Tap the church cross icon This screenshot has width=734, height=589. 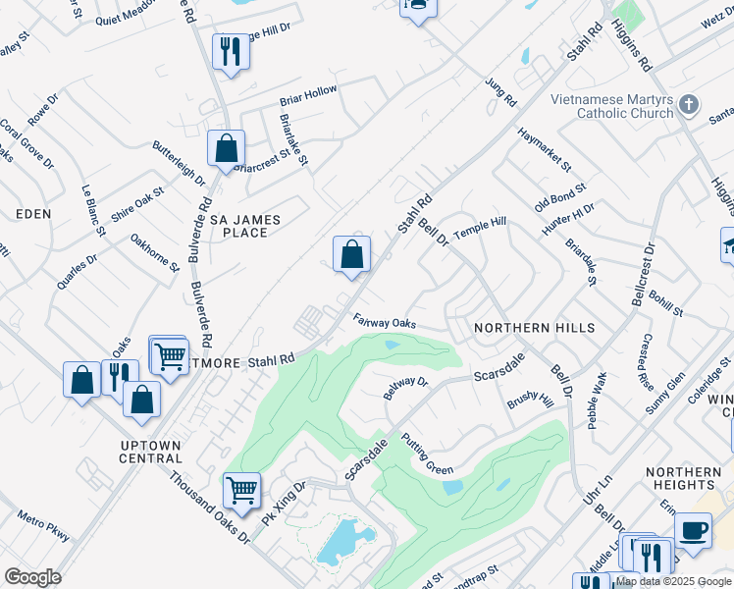pos(690,104)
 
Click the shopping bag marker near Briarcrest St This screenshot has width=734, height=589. pos(226,150)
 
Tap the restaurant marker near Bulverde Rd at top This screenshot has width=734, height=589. pos(231,51)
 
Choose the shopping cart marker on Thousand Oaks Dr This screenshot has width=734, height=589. pos(240,489)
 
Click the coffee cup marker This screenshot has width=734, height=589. pos(693,531)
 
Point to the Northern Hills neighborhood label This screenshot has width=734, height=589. pos(534,327)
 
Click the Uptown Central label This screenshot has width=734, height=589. pos(150,452)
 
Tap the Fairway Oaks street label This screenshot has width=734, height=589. pos(385,322)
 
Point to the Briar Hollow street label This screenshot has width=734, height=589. pos(308,95)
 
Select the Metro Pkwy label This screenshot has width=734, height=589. pos(44,525)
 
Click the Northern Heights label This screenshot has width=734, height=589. pos(686,478)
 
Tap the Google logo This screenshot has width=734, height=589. pos(32,577)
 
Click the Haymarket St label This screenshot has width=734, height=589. pos(545,149)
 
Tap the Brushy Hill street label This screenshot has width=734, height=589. pos(530,402)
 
